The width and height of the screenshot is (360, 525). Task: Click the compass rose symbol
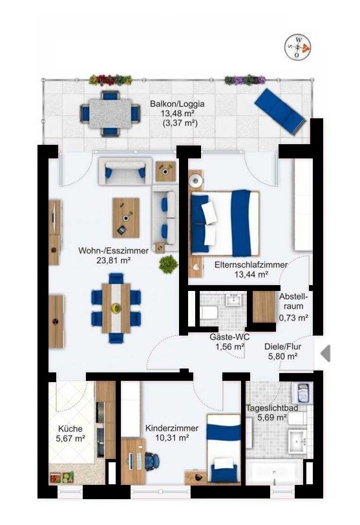tap(297, 48)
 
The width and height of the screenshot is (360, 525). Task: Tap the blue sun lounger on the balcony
tap(280, 111)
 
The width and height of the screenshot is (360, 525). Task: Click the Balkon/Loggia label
tap(177, 104)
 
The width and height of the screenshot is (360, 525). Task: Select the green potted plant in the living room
tap(168, 264)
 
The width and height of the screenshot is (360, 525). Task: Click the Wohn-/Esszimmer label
tap(113, 251)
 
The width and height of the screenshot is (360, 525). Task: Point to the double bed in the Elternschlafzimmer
tap(224, 223)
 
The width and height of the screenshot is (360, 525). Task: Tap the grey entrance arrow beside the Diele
tap(325, 353)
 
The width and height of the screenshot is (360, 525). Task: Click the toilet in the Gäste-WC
tap(209, 312)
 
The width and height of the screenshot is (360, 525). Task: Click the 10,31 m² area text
tap(173, 438)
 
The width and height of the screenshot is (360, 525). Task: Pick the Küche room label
tap(70, 429)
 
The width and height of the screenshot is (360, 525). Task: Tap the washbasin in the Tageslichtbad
tap(297, 442)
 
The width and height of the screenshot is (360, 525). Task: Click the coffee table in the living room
tap(126, 218)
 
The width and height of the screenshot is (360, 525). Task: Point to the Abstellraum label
tap(293, 301)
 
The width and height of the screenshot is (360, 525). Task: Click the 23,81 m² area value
tap(113, 260)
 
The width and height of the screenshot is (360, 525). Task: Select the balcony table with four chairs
tap(111, 114)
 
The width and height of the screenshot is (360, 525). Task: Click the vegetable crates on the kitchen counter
tap(61, 477)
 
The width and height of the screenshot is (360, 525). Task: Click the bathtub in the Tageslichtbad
tap(274, 472)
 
